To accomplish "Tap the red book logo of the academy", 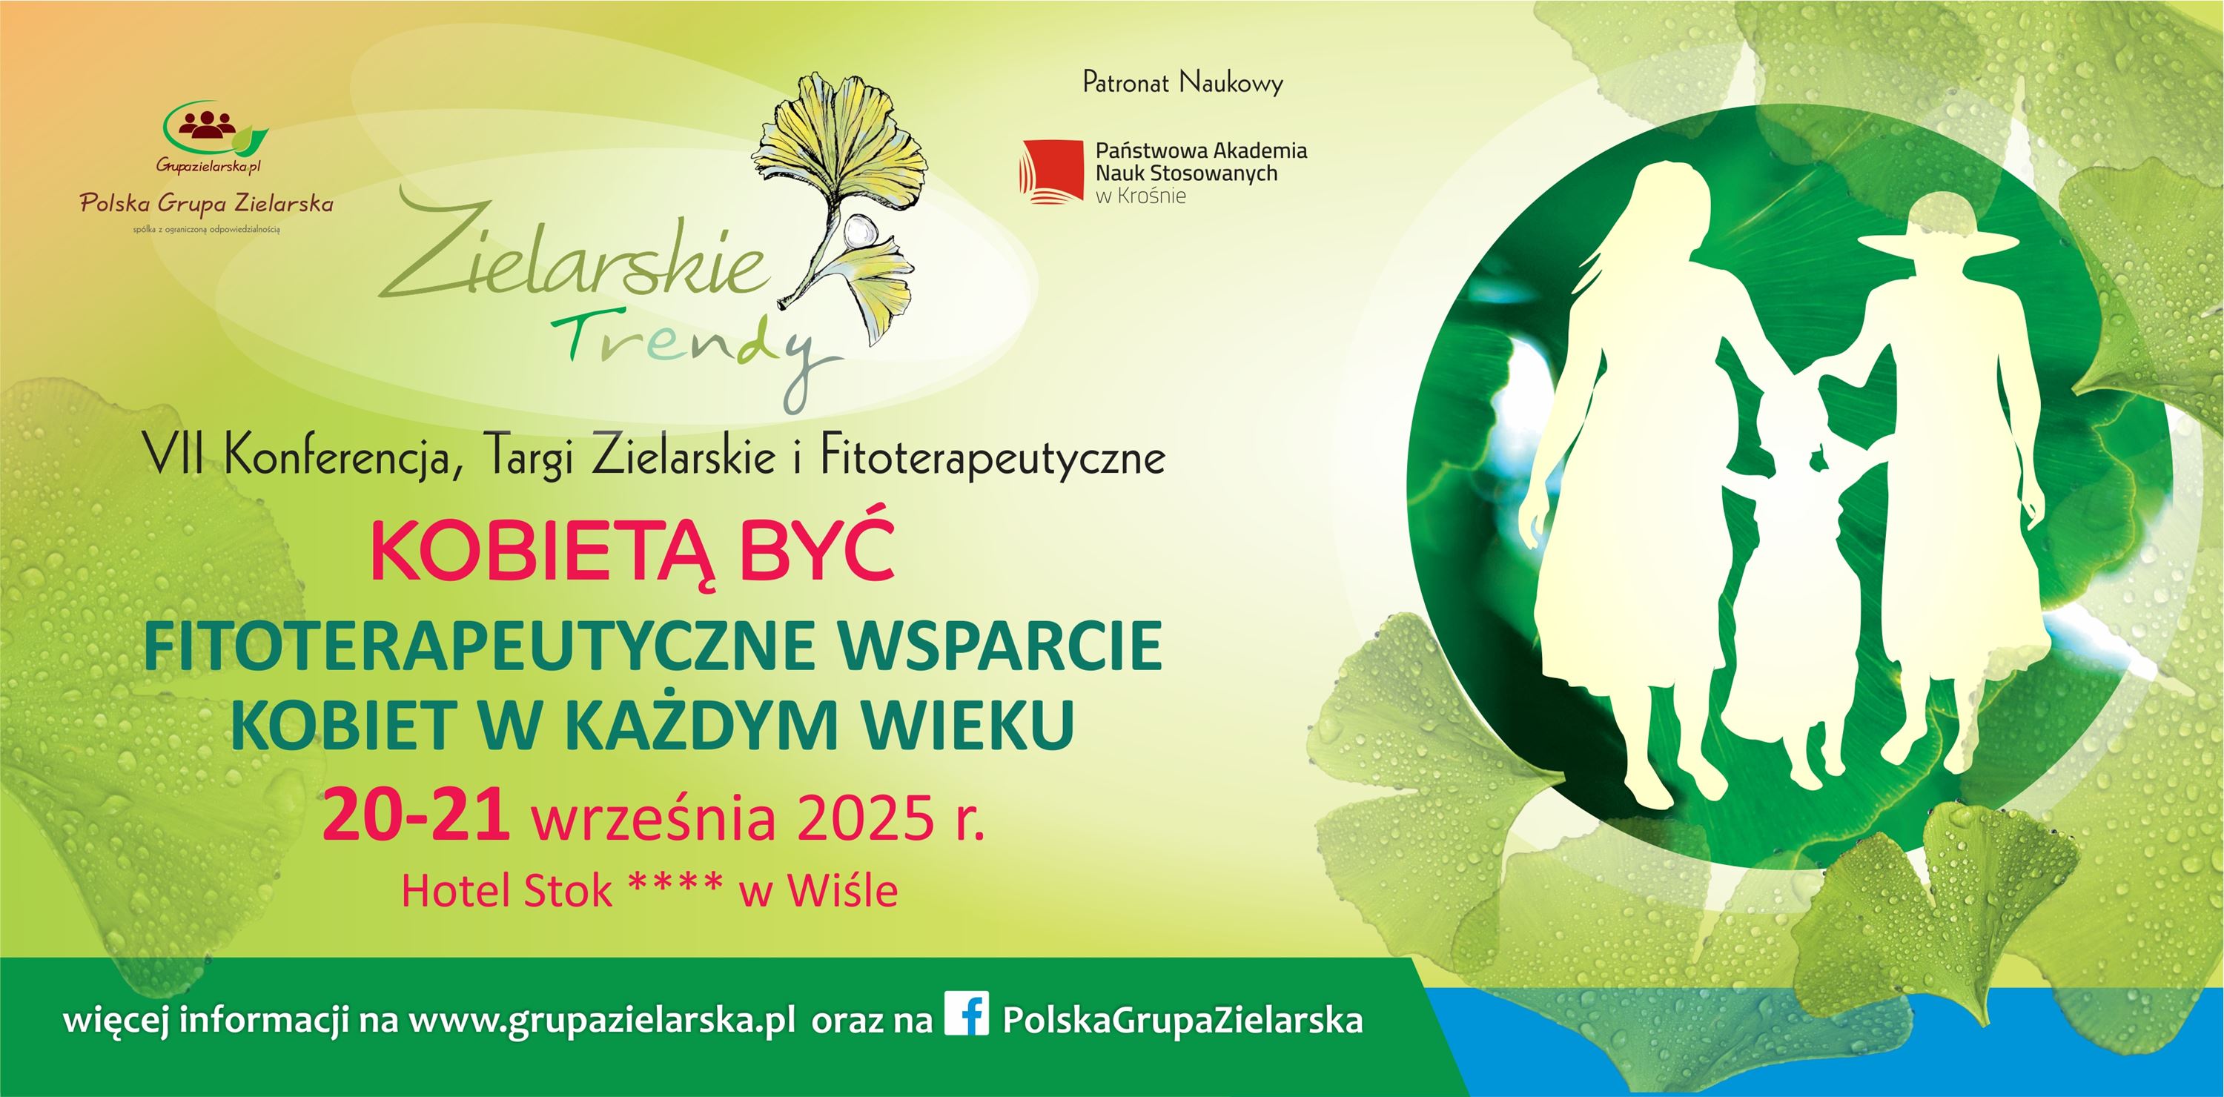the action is point(1051,172).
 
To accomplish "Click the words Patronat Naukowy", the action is point(1182,83).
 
